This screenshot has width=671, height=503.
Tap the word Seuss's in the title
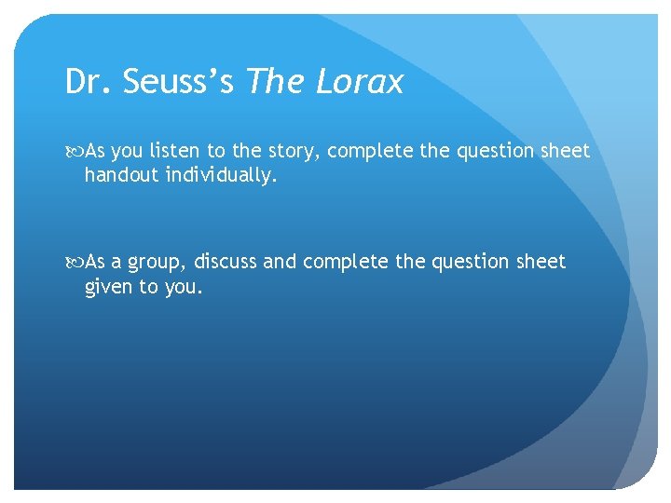click(175, 82)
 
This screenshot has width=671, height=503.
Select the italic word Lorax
click(360, 82)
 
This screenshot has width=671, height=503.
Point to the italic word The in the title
click(277, 82)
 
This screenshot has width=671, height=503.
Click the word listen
click(167, 151)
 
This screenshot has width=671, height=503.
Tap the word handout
click(120, 174)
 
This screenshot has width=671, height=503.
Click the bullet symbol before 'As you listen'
click(75, 151)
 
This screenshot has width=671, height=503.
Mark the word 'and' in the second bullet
click(278, 262)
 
